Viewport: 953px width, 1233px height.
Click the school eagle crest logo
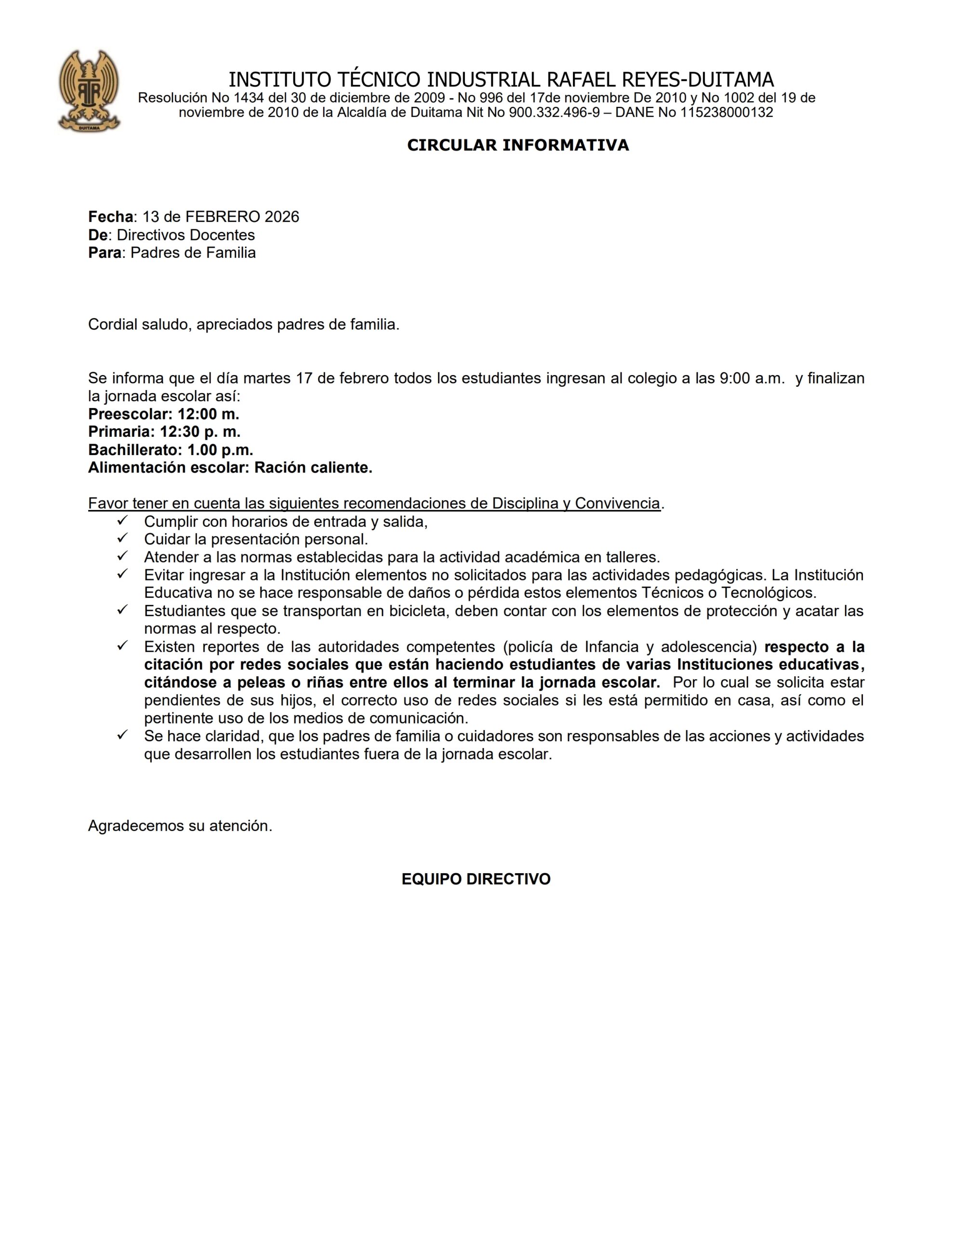pos(89,91)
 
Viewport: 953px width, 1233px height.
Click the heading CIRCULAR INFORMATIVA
pos(517,145)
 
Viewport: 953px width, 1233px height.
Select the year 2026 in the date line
pos(282,217)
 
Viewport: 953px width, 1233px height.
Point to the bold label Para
pos(105,252)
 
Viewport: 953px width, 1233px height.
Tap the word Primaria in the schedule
pos(119,432)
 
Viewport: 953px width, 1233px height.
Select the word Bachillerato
pos(133,450)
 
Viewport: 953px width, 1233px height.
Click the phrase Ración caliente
pos(313,468)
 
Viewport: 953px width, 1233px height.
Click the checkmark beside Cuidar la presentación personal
pos(122,538)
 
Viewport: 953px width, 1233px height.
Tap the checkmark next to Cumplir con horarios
pos(122,520)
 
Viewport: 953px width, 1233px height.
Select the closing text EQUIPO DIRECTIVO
pos(476,879)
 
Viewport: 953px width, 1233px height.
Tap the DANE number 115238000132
pos(727,112)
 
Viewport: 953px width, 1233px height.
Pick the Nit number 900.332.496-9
pos(554,112)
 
